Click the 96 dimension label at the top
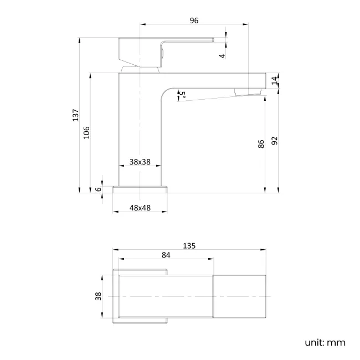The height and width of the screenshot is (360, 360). coord(194,20)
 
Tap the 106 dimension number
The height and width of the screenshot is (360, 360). coord(86,132)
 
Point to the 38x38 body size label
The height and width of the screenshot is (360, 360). coord(140,162)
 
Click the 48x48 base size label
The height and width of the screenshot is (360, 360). coord(140,208)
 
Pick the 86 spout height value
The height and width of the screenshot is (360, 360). coord(261,145)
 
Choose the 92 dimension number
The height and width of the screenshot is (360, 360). coord(275,141)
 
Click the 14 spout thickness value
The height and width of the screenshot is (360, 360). coord(275,80)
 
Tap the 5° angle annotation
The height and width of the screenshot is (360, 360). coord(181,95)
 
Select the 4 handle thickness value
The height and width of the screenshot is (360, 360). coord(222,56)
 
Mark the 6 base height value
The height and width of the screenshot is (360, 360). coord(98,189)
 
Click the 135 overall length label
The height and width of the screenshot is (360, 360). coord(190,245)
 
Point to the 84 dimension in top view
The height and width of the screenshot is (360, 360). coord(166,255)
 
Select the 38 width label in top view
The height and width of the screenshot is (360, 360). coord(98,296)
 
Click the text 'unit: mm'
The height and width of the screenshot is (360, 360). coord(325,342)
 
